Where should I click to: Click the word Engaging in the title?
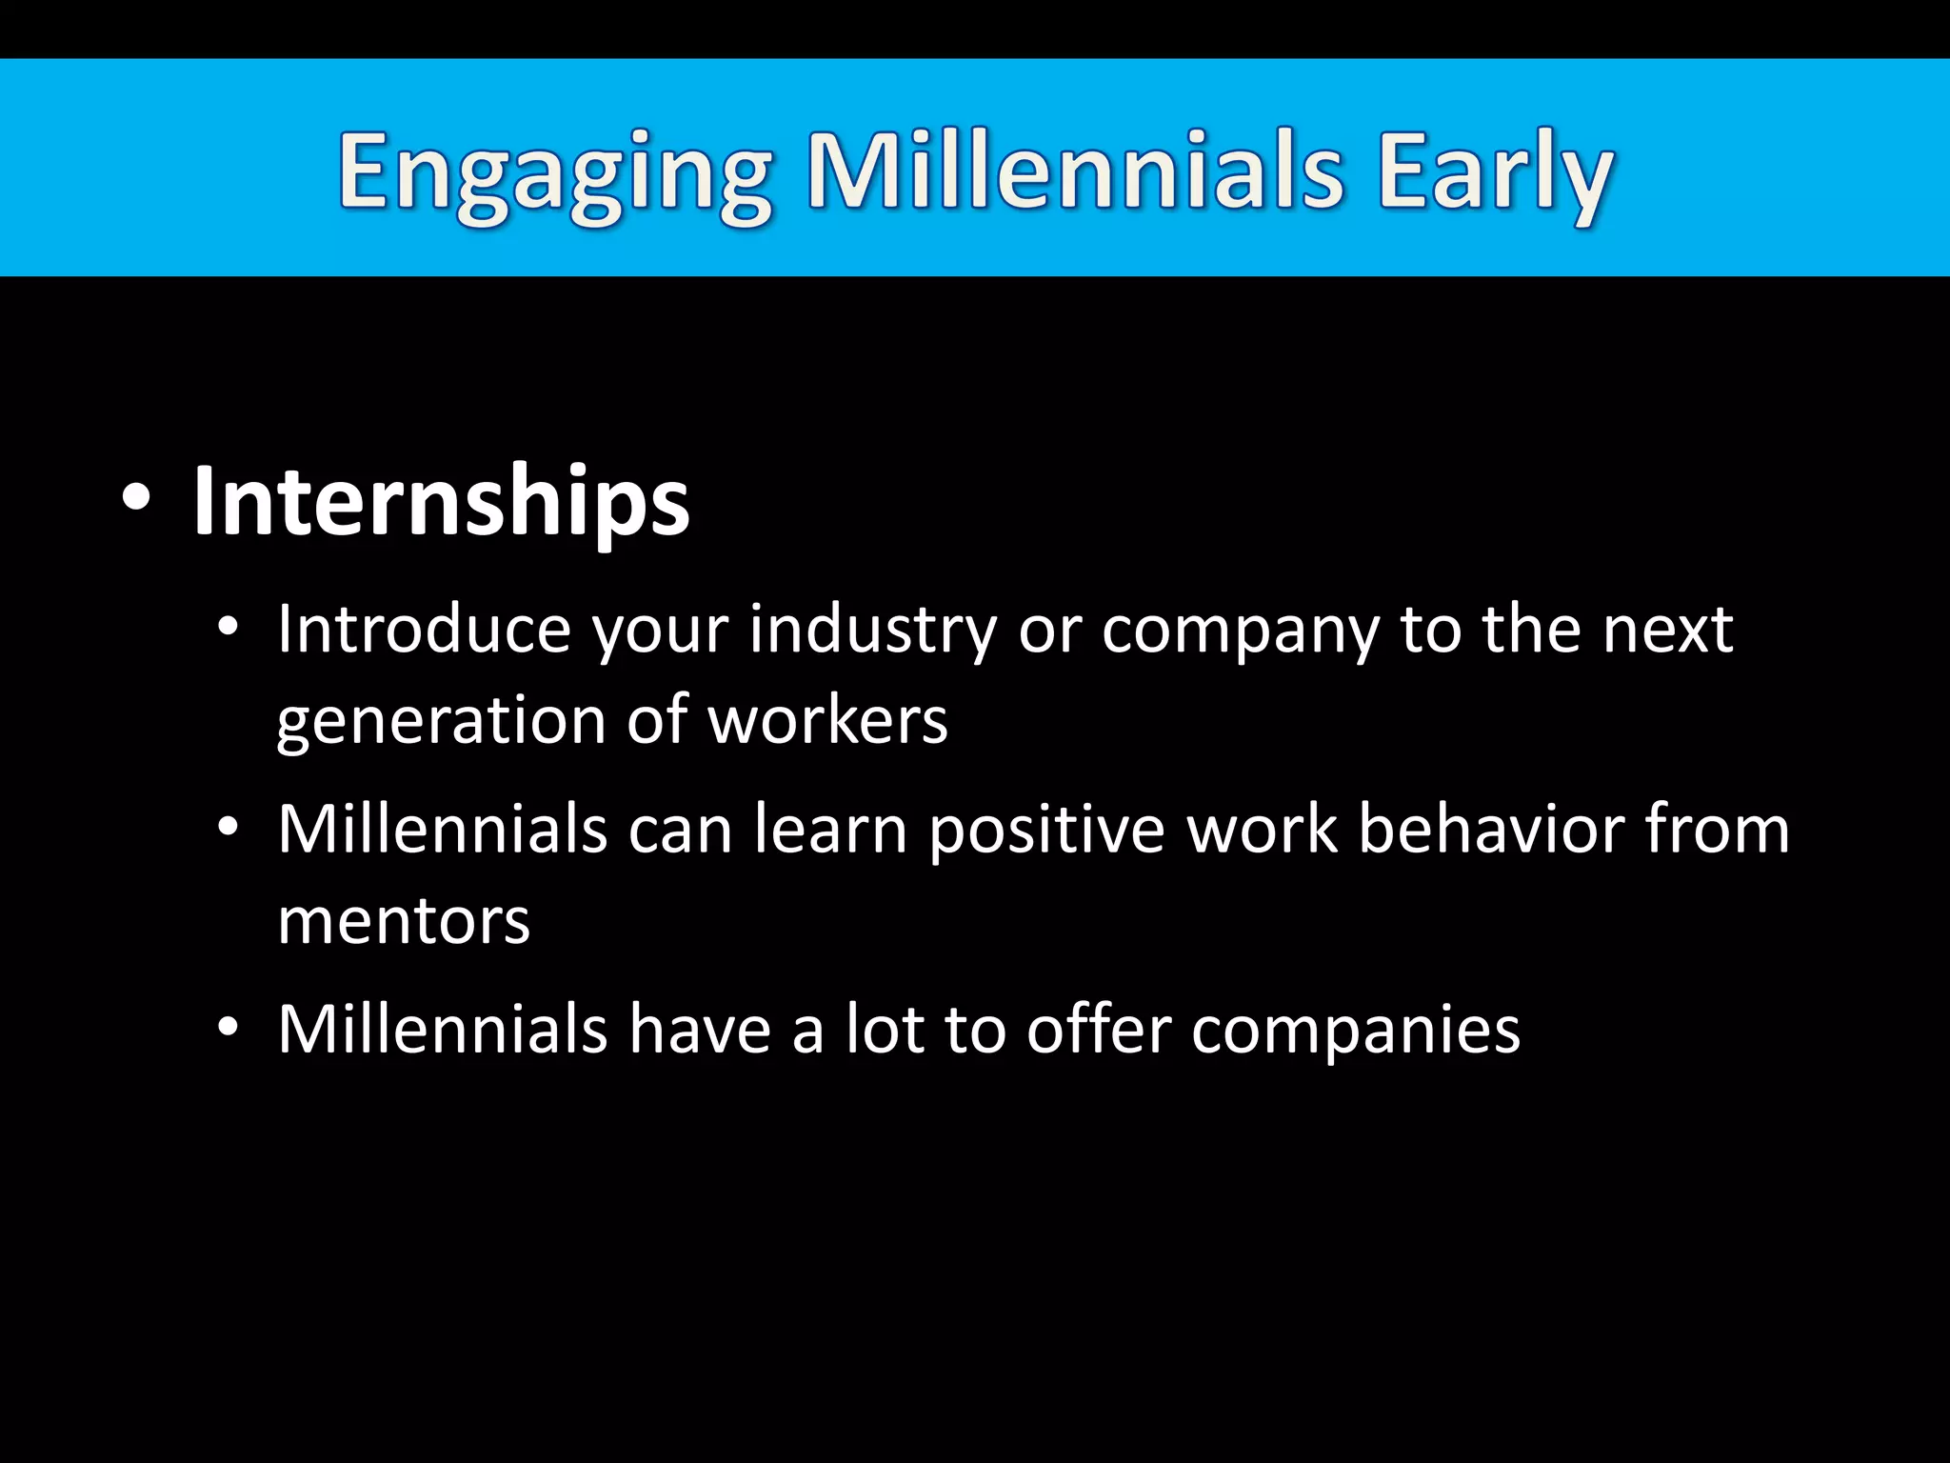tap(554, 175)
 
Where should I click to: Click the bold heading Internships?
tap(441, 502)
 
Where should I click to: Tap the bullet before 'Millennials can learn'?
tap(227, 828)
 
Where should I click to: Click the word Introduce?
tap(423, 630)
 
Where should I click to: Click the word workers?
tap(828, 720)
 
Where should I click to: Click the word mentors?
tap(404, 921)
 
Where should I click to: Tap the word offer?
tap(1098, 1029)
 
